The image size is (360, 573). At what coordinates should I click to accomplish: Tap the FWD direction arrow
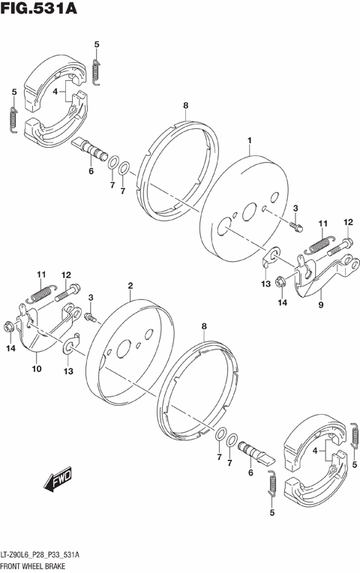tap(58, 481)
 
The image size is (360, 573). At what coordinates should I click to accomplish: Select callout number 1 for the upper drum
tap(250, 140)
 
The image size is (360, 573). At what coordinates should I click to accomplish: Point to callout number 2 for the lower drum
tap(130, 286)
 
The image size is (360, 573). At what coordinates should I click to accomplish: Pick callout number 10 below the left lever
tap(37, 368)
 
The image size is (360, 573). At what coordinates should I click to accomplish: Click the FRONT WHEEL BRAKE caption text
tap(32, 562)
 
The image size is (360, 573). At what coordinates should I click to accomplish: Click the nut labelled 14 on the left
tap(9, 327)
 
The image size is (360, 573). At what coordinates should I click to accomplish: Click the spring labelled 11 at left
tap(39, 293)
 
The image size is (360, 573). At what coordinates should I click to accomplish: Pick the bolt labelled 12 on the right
tap(346, 241)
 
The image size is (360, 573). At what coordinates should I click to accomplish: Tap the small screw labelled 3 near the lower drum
tap(92, 318)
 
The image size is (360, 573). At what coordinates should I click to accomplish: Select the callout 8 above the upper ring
tap(184, 106)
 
